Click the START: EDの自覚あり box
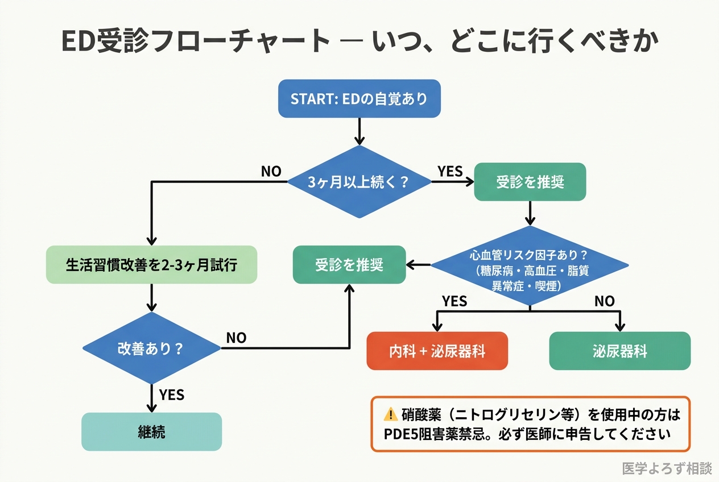pyautogui.click(x=359, y=98)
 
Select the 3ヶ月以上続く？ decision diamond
pyautogui.click(x=359, y=182)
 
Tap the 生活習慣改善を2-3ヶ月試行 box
pyautogui.click(x=151, y=265)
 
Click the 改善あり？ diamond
pyautogui.click(x=151, y=348)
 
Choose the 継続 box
pyautogui.click(x=151, y=431)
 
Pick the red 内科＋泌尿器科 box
pyautogui.click(x=437, y=351)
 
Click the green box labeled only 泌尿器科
pyautogui.click(x=619, y=351)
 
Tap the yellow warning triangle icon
pyautogui.click(x=390, y=414)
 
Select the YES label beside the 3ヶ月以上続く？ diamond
pyautogui.click(x=450, y=171)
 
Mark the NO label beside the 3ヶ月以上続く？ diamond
pyautogui.click(x=271, y=171)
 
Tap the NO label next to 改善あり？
pyautogui.click(x=236, y=338)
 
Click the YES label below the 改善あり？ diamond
pyautogui.click(x=171, y=394)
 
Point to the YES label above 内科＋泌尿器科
pyautogui.click(x=454, y=301)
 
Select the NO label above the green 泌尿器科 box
pyautogui.click(x=604, y=301)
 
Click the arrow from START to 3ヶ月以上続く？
pyautogui.click(x=359, y=131)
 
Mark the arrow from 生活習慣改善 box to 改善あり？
pyautogui.click(x=151, y=297)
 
